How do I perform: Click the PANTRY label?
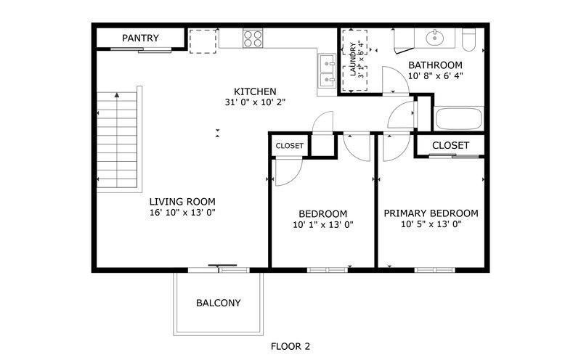point(140,38)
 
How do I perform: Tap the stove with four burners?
point(253,38)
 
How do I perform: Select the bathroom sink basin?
point(434,38)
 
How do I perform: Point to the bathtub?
point(459,118)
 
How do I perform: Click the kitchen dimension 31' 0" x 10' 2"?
point(255,102)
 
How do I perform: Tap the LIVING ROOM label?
point(182,202)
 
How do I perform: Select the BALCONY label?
point(219,303)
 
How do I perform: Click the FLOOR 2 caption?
point(290,347)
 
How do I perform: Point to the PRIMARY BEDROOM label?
point(431,213)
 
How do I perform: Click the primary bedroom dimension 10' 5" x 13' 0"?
point(431,224)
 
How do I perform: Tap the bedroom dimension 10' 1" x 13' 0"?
point(323,224)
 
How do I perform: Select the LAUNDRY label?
point(353,60)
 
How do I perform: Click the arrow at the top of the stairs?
point(117,95)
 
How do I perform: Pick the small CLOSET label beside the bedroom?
point(289,146)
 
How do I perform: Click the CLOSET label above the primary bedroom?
point(450,146)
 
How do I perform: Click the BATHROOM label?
point(435,65)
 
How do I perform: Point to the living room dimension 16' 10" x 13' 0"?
point(182,213)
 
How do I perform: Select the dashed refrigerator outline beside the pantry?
point(203,41)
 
